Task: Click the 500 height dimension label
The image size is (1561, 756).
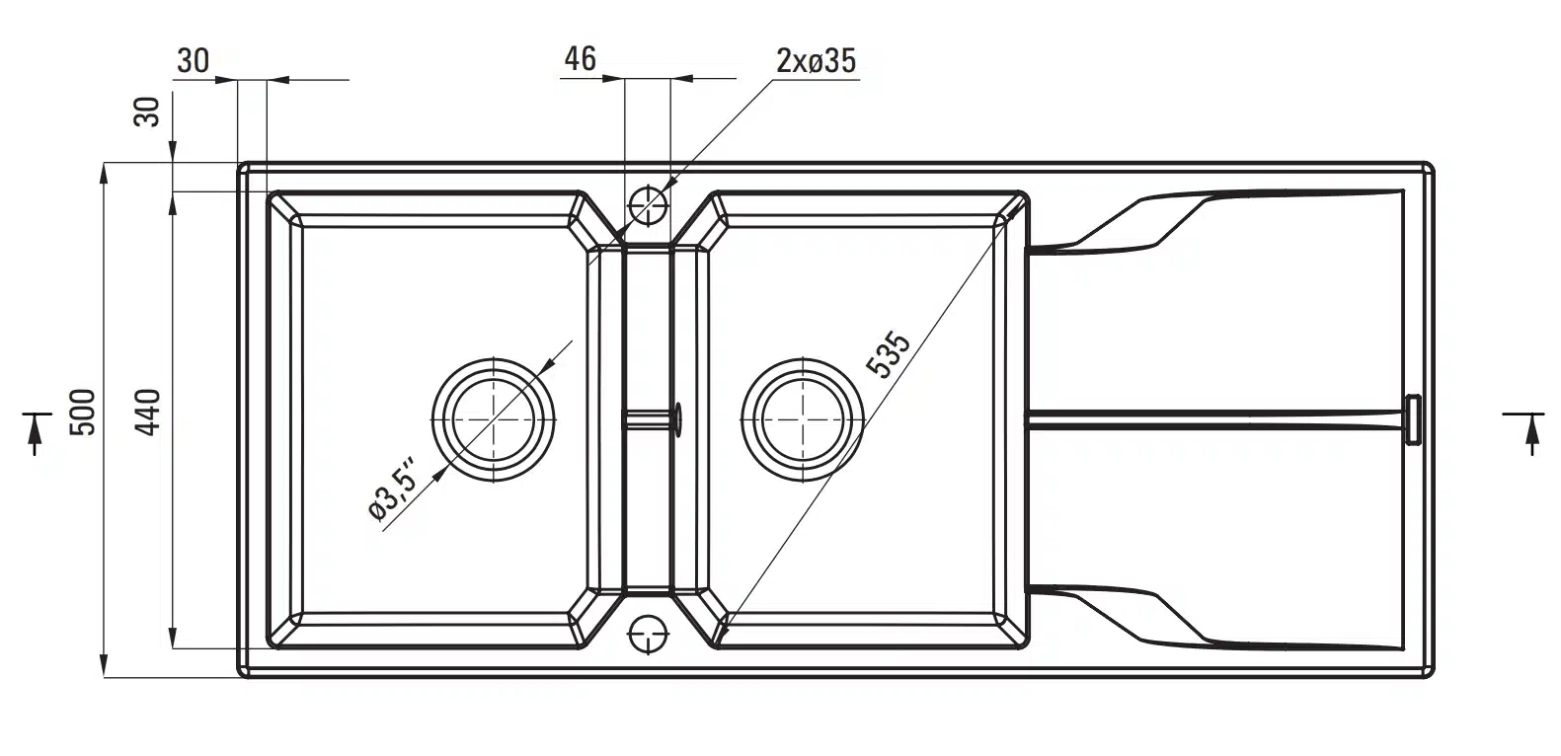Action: click(x=83, y=413)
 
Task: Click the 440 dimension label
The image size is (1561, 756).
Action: click(x=147, y=413)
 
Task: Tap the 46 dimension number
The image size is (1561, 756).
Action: click(x=580, y=59)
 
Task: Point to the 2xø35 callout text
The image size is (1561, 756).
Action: click(x=816, y=61)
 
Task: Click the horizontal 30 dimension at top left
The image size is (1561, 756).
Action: click(x=194, y=61)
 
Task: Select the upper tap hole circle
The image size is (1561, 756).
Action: click(x=649, y=204)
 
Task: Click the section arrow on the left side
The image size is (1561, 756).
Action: click(x=36, y=431)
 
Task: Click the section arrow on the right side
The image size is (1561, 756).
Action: click(x=1531, y=431)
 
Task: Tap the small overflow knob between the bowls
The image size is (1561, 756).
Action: click(x=676, y=418)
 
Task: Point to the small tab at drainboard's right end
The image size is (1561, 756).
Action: click(x=1413, y=418)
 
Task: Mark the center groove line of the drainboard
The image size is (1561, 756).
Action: click(x=1214, y=418)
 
